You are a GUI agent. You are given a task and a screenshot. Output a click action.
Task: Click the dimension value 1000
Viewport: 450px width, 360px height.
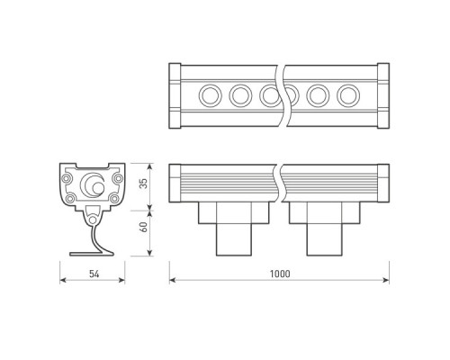[280, 274]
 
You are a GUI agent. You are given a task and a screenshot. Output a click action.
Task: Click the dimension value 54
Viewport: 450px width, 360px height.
[94, 274]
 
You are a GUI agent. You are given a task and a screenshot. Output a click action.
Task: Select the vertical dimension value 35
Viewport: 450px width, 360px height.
[145, 184]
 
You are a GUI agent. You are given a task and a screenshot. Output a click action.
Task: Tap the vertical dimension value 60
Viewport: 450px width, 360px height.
[145, 227]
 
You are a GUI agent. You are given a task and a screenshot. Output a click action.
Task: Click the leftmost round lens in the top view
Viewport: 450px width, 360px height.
[211, 95]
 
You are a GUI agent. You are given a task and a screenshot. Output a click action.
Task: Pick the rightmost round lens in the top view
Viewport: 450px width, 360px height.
[348, 95]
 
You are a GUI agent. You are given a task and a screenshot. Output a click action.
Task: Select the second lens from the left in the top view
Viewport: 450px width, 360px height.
[240, 95]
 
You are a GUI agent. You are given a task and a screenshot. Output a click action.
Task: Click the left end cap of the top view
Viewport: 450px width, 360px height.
[175, 96]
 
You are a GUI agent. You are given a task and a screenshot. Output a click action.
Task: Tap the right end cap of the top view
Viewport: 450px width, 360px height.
[383, 96]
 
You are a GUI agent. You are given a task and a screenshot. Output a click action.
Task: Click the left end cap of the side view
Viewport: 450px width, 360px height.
[175, 184]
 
